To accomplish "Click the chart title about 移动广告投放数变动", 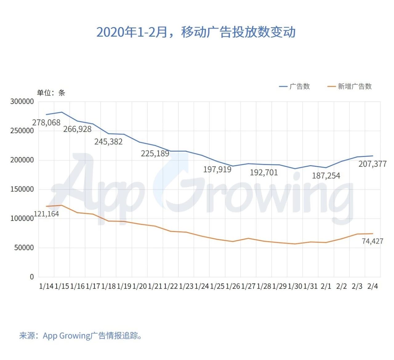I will [196, 32].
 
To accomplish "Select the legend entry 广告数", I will [299, 86].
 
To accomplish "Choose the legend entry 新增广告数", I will [354, 86].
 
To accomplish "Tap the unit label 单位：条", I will [51, 93].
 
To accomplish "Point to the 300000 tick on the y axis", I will [22, 102].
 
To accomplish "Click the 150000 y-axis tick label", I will [22, 189].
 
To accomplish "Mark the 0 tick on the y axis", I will [32, 277].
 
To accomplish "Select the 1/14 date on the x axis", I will [46, 286].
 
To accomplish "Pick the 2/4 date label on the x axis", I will [372, 286].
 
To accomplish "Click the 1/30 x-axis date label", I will [295, 286].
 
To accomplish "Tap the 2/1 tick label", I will [326, 286].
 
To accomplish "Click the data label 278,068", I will [46, 122].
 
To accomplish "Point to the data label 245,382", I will [108, 142].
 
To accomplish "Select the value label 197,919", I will [217, 169].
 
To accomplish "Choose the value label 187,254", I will [326, 176].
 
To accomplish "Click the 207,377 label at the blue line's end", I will [372, 164].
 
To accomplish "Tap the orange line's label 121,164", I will [46, 214].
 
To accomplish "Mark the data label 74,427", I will [372, 241].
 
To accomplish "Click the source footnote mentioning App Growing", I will [81, 335].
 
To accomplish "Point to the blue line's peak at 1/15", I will [62, 112].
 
